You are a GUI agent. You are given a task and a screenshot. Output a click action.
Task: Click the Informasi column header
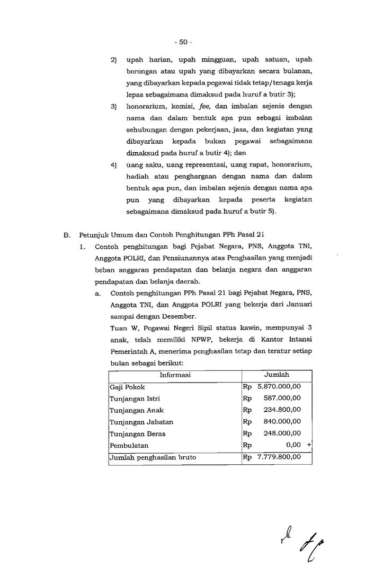pos(175,375)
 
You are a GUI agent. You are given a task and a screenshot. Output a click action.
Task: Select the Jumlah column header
pos(276,375)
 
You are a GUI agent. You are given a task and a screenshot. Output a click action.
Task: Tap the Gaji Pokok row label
pos(127,387)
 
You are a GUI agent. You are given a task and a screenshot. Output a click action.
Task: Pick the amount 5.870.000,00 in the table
pos(279,387)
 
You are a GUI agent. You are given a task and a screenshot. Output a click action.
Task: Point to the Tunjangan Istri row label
pos(135,398)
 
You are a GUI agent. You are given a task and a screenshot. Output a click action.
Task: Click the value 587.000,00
pos(282,398)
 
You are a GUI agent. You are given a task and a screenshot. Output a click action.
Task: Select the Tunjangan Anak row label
pos(136,410)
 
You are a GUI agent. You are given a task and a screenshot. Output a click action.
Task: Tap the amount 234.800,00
pos(282,410)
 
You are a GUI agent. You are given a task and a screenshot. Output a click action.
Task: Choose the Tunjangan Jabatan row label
pos(141,422)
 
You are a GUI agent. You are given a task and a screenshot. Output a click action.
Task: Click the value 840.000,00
pos(282,422)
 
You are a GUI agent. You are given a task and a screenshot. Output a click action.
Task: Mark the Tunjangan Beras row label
pos(137,433)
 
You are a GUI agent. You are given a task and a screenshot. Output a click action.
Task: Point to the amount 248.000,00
pos(282,433)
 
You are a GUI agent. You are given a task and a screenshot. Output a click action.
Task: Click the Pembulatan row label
pos(129,445)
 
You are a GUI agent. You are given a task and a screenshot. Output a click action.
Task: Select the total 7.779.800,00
pos(279,457)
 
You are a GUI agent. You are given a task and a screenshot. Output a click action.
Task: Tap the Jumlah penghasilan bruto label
pos(153,457)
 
